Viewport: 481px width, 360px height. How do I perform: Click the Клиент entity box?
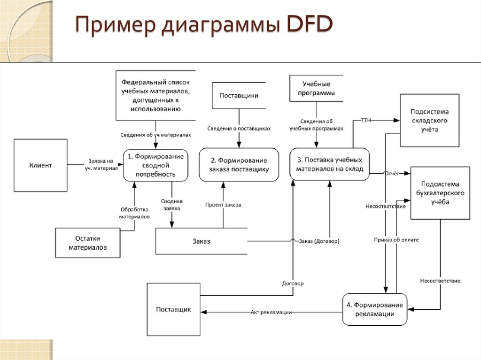point(40,165)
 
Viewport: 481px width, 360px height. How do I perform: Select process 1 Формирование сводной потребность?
point(155,165)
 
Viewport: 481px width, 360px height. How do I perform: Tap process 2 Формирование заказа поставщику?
point(239,165)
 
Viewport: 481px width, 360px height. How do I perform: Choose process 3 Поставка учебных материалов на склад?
point(329,164)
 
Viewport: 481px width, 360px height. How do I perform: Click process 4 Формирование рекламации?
point(374,309)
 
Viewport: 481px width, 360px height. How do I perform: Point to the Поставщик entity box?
point(174,309)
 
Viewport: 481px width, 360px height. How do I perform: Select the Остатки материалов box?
point(88,243)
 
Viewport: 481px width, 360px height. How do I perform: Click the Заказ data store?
point(201,241)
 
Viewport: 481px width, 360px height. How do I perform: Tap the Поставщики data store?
point(239,95)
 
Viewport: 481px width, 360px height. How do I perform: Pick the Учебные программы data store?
point(316,88)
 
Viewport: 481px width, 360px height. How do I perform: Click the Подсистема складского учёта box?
point(429,121)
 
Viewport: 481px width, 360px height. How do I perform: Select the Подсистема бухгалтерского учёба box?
point(440,193)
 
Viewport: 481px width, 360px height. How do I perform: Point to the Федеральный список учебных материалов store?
point(155,95)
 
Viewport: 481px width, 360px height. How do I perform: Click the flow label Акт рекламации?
point(271,312)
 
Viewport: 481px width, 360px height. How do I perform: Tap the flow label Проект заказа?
point(223,205)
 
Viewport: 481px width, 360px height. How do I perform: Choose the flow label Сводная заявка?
point(172,205)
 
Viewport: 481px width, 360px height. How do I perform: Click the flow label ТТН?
point(366,120)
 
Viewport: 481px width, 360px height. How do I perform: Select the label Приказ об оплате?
point(396,240)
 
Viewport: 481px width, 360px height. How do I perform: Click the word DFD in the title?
point(310,24)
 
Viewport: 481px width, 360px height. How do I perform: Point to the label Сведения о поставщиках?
point(239,129)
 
